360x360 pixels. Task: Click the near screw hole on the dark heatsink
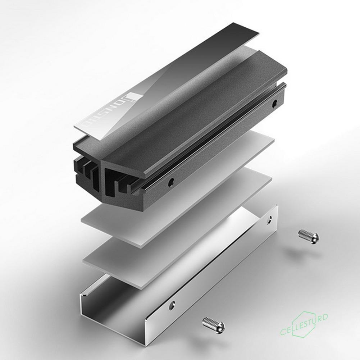click(172, 181)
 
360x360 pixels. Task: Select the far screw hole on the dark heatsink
click(275, 103)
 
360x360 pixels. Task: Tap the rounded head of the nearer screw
click(219, 327)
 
